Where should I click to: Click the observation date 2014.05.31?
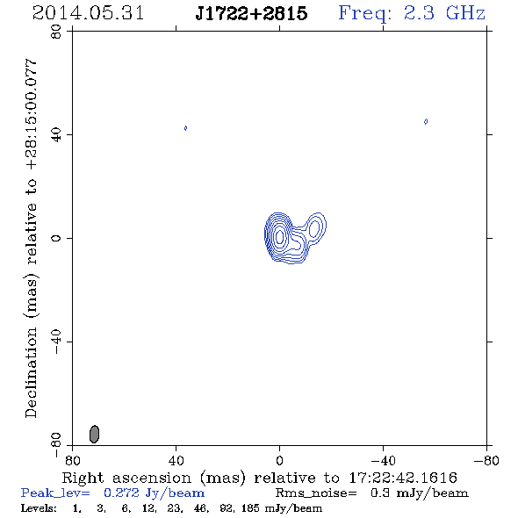[x=88, y=13]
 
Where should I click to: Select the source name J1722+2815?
[x=251, y=13]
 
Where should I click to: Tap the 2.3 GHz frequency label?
[x=412, y=13]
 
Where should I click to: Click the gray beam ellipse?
[x=94, y=434]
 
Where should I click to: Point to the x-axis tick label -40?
[x=383, y=461]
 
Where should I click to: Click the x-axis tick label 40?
[x=176, y=461]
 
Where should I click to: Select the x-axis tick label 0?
[x=279, y=461]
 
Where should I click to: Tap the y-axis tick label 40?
[x=56, y=135]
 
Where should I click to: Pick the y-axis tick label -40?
[x=56, y=342]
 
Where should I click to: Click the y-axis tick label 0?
[x=56, y=238]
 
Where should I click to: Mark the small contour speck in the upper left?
[x=185, y=128]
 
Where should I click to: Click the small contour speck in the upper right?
[x=426, y=121]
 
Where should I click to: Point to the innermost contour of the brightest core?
[x=280, y=236]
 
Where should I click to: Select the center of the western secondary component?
[x=313, y=228]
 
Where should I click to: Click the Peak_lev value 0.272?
[x=121, y=493]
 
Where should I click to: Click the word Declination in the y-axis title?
[x=31, y=372]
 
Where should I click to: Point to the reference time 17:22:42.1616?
[x=403, y=478]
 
